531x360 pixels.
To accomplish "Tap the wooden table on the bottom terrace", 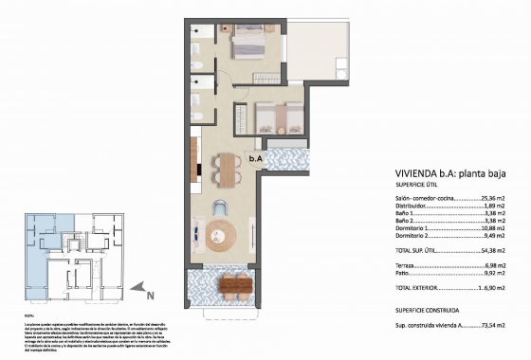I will tap(230, 284).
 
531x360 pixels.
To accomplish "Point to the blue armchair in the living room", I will tap(220, 207).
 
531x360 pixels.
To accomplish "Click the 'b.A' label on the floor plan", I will tap(256, 159).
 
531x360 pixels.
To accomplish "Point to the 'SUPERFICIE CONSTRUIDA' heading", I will tap(429, 310).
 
